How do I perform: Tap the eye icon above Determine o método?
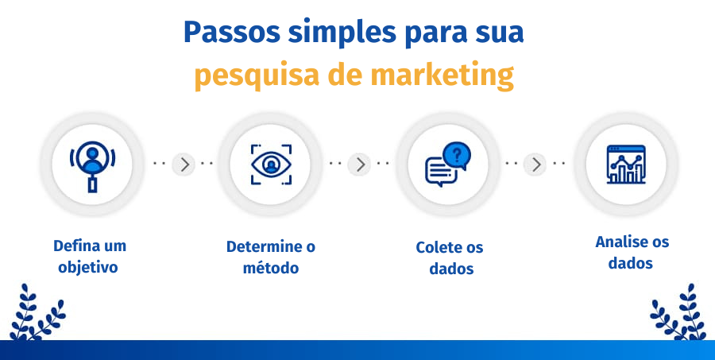[x=272, y=165]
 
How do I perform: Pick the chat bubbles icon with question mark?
[x=447, y=165]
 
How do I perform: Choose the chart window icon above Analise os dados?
[x=625, y=164]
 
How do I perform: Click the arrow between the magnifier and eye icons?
[x=184, y=165]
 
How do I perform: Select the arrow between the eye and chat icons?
[x=360, y=165]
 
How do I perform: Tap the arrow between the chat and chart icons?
[x=537, y=165]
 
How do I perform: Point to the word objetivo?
[x=88, y=267]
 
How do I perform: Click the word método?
[x=271, y=268]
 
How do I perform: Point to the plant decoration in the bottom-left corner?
[x=35, y=315]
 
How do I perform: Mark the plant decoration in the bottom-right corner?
[x=678, y=315]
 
